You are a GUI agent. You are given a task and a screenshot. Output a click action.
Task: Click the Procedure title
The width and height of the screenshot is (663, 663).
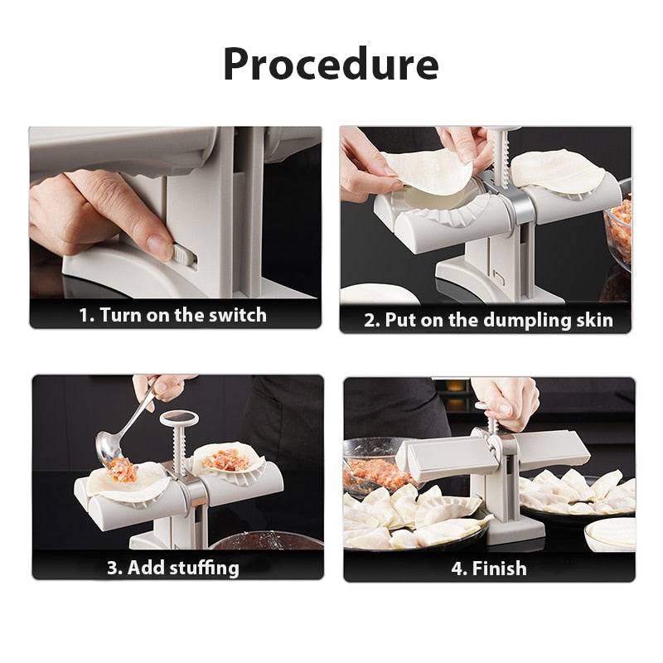(x=331, y=64)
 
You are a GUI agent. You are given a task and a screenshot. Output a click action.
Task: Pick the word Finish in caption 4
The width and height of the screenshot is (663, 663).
(x=500, y=569)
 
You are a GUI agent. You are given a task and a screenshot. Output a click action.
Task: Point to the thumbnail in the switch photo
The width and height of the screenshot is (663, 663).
(x=159, y=245)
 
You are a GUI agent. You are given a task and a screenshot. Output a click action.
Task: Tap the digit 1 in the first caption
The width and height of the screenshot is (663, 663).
(x=84, y=316)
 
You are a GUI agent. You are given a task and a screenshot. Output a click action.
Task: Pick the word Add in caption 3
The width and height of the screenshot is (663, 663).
(x=146, y=568)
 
